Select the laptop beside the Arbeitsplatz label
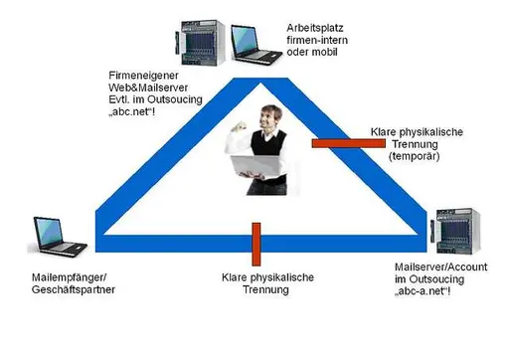coord(255,44)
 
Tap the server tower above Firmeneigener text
coord(200,43)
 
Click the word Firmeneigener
coord(143,76)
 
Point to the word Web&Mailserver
coord(148,88)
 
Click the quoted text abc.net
coord(132,111)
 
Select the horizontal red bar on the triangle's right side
coord(349,143)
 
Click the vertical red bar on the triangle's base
coord(256,244)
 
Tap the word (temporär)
coord(415,156)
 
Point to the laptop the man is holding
coord(255,166)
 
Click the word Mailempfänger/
coord(70,277)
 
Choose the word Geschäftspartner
coord(74,289)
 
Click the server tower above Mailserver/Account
coord(455,232)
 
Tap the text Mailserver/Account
coord(441,268)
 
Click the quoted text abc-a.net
coord(423,291)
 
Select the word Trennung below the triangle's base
coord(265,289)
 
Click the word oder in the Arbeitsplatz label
coord(298,52)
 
